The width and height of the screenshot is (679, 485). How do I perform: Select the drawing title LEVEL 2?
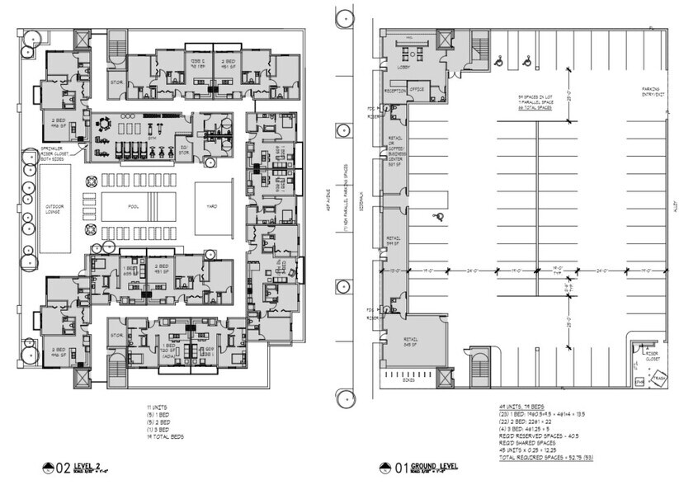click(x=78, y=469)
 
